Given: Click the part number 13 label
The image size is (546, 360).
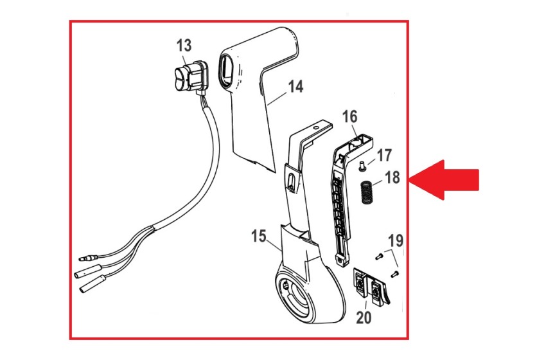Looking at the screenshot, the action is (x=184, y=46).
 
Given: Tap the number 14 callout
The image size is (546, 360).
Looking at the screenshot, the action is (x=295, y=86).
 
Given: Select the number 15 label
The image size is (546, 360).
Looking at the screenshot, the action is (x=259, y=236).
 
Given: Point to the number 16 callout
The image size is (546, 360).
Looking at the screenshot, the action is (x=350, y=117).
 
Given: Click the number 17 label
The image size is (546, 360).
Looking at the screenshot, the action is (x=384, y=156).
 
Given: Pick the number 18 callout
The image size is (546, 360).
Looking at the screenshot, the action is (x=392, y=177).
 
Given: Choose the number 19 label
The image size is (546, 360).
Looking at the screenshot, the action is (x=396, y=241).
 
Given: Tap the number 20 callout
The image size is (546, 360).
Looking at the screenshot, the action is (x=364, y=317).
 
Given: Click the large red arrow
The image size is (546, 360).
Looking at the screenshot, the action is (x=444, y=180).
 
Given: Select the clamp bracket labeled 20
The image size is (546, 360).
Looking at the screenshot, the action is (x=371, y=287).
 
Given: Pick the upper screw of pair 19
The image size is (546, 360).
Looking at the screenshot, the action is (x=380, y=256).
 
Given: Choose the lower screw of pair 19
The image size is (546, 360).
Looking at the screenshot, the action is (x=394, y=274).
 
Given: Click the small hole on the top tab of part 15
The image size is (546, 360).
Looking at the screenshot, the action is (x=316, y=129).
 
